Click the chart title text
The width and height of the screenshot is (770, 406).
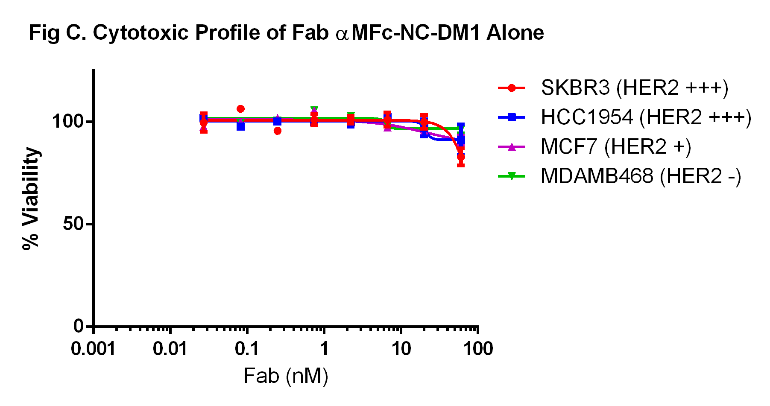[x=286, y=33]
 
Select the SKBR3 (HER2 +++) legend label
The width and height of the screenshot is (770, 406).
[x=634, y=88]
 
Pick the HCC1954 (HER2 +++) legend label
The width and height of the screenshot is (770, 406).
[x=646, y=117]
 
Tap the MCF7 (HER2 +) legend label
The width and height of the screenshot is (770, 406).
[x=615, y=147]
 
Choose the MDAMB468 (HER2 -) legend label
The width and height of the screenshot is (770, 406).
[x=641, y=176]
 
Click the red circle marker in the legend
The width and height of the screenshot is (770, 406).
[x=512, y=88]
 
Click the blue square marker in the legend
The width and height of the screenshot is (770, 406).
[x=512, y=117]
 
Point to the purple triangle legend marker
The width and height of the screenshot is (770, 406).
[x=512, y=147]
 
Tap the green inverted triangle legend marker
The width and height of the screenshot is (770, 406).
[x=512, y=176]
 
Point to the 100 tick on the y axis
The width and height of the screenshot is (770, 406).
[x=67, y=121]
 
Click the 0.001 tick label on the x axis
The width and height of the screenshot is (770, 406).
[x=93, y=349]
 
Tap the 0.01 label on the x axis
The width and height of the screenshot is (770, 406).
[x=170, y=349]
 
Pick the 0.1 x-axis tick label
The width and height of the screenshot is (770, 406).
[x=247, y=349]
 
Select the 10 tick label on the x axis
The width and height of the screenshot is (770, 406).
[x=401, y=349]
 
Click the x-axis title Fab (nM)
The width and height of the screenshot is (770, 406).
[x=286, y=376]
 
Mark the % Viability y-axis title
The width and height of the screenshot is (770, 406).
[x=31, y=198]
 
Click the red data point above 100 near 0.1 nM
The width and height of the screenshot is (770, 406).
[x=240, y=109]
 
